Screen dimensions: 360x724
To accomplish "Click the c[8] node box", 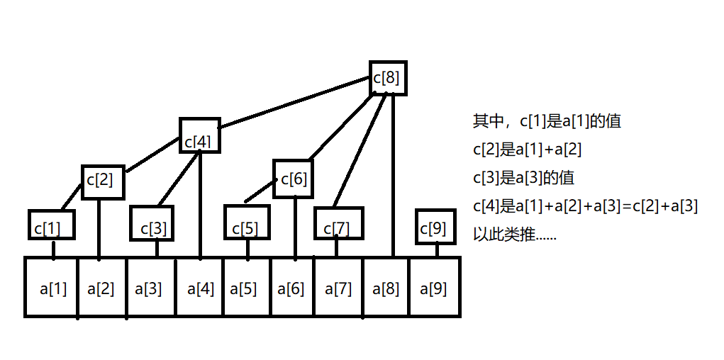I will point(389,78).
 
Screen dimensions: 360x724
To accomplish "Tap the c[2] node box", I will point(103,182).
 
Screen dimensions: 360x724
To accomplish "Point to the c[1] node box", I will point(51,225).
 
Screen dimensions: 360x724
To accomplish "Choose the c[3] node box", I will point(152,225).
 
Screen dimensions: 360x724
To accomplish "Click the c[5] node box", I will point(247,225).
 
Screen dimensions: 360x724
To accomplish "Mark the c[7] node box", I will point(338,225).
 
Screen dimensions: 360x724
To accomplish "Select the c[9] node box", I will point(434,226).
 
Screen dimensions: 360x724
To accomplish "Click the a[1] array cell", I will point(52,287).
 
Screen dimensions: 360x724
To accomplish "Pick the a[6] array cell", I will point(291,287).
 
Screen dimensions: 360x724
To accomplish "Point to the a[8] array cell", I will point(386,287).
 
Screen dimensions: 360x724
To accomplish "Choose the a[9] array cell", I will point(435,287).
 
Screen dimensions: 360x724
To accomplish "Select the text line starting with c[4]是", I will point(586,206).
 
